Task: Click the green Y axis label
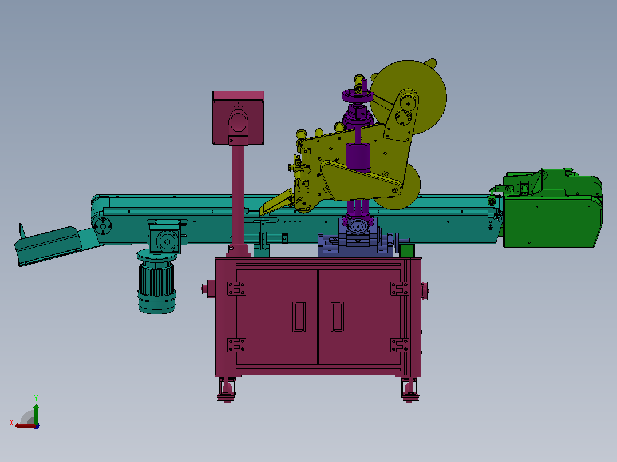pyautogui.click(x=36, y=398)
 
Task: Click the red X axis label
pyautogui.click(x=11, y=423)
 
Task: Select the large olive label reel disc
pyautogui.click(x=409, y=98)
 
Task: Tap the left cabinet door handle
pyautogui.click(x=299, y=317)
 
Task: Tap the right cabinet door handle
pyautogui.click(x=337, y=317)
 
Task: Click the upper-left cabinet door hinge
pyautogui.click(x=236, y=289)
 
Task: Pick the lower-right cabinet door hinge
pyautogui.click(x=400, y=345)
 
